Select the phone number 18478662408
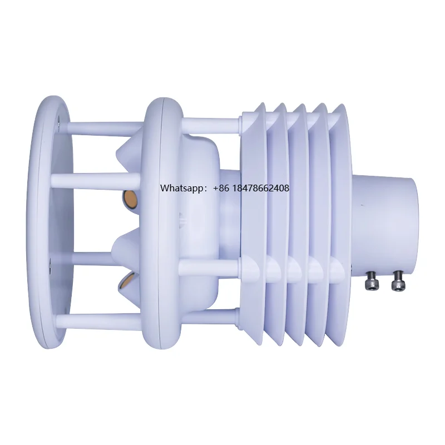click(x=261, y=189)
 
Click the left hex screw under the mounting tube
click(x=370, y=284)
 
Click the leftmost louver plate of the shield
click(x=255, y=222)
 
